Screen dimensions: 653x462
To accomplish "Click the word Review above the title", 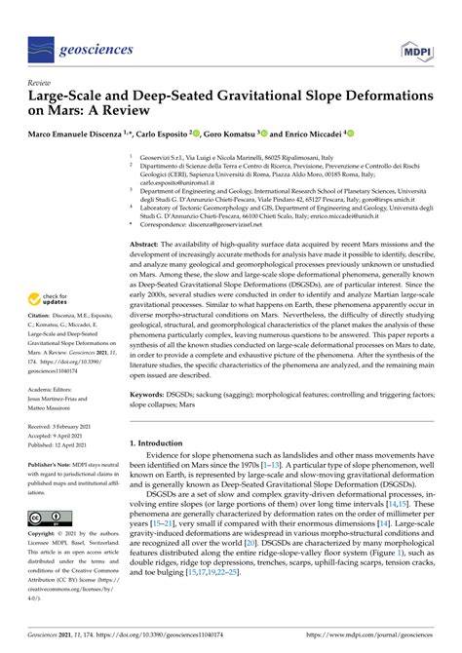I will (41, 83).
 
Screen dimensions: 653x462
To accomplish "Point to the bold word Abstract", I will (147, 244).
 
